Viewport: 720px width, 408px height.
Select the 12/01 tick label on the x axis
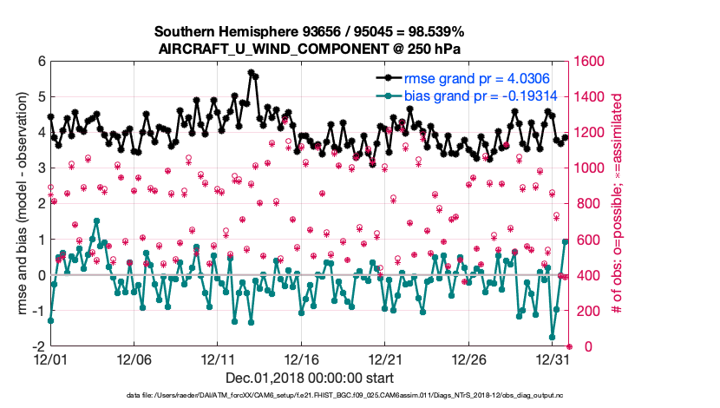tap(50, 359)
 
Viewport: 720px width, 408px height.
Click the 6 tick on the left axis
tap(41, 62)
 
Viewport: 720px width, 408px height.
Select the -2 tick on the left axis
tap(38, 346)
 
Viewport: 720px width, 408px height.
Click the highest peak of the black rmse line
tap(251, 73)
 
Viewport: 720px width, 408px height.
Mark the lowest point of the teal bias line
tap(553, 337)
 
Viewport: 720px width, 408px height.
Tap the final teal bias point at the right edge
tap(566, 241)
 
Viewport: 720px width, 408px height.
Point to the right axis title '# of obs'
tap(619, 203)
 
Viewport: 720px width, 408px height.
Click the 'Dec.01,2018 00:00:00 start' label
tap(309, 378)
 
